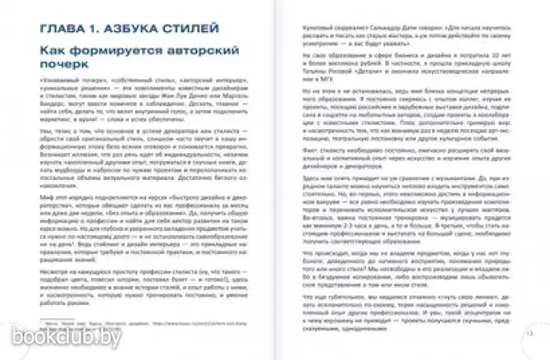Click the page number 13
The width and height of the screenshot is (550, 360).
click(x=522, y=333)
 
